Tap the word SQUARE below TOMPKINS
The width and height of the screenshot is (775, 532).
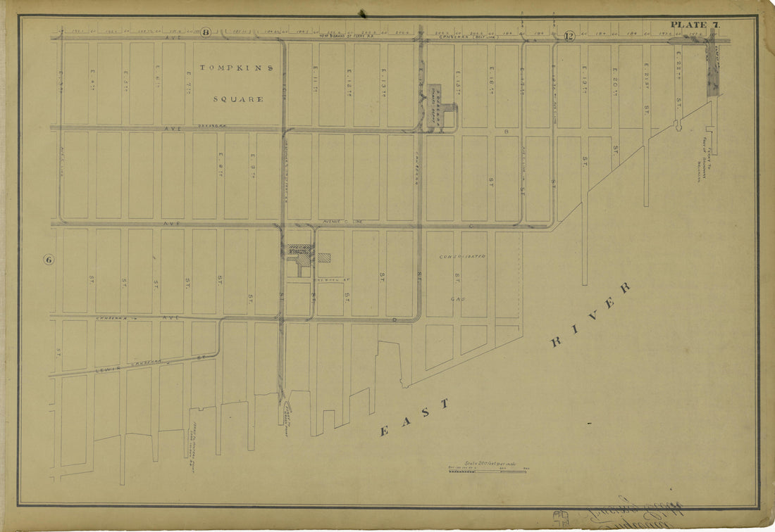click(238, 99)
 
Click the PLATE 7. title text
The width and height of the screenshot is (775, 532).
click(695, 25)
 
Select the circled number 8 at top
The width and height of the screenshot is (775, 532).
click(206, 32)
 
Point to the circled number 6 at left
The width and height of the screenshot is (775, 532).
click(49, 260)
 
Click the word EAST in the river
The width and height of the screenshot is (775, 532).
click(415, 418)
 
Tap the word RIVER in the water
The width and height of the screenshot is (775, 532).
click(590, 314)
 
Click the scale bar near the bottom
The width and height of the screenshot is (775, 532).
click(487, 471)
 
